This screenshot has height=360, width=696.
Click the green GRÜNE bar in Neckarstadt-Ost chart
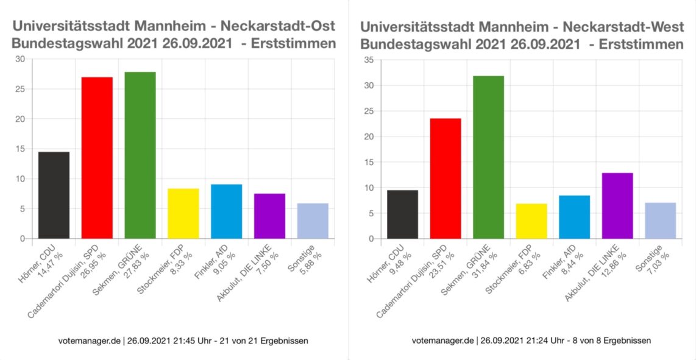[140, 155]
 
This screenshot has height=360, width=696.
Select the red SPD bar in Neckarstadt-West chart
[446, 178]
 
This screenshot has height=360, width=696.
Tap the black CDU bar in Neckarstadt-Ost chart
[54, 195]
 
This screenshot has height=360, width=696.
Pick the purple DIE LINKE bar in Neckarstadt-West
[617, 206]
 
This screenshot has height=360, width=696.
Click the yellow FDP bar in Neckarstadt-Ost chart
[183, 214]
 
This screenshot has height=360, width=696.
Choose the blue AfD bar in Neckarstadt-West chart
[574, 217]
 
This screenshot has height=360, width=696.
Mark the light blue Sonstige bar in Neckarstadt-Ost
[313, 221]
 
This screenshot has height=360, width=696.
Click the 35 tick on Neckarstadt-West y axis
[369, 60]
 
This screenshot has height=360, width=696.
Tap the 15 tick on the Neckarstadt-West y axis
[369, 162]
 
